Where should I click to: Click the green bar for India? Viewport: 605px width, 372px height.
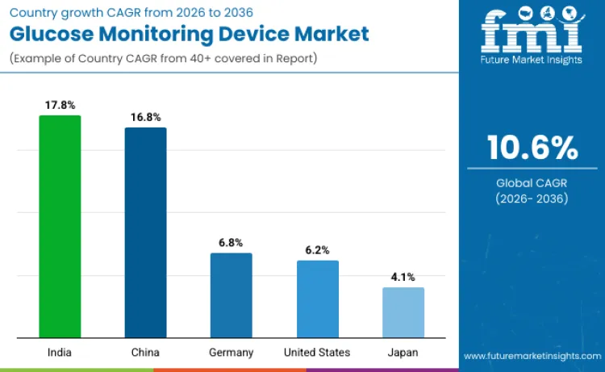click(x=60, y=227)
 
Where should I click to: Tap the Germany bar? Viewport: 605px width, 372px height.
click(x=231, y=295)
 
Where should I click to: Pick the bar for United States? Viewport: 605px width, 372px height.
click(x=317, y=299)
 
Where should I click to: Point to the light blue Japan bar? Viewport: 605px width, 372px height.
click(x=403, y=312)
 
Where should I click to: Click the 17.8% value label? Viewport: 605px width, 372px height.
click(x=60, y=105)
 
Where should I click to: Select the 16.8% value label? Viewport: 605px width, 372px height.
click(x=145, y=117)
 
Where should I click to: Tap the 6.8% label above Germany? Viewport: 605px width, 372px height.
click(x=231, y=242)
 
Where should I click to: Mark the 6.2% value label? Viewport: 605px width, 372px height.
click(x=317, y=250)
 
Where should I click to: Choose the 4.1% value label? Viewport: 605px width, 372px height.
click(x=403, y=277)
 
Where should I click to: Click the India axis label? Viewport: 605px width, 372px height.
click(x=60, y=353)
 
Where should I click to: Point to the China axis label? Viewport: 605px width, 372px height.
click(x=145, y=353)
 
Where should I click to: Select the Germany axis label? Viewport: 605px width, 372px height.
click(x=231, y=353)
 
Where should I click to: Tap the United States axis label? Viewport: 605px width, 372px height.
click(x=317, y=353)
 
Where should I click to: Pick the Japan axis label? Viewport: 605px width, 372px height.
click(x=403, y=353)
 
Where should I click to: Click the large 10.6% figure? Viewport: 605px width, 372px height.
click(x=532, y=148)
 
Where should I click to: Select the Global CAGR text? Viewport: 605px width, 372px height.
click(x=532, y=183)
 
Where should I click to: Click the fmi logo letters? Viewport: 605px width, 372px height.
click(x=532, y=32)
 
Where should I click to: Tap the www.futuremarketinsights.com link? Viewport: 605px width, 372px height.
click(x=532, y=356)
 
